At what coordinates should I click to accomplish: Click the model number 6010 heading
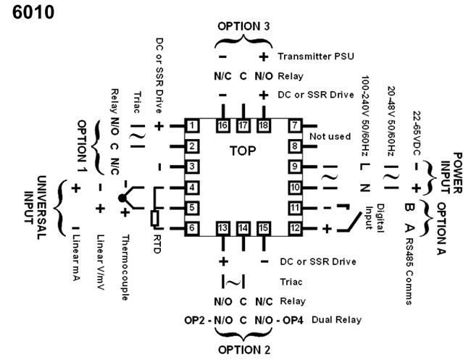(x=33, y=14)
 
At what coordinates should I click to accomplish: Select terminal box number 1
(x=192, y=127)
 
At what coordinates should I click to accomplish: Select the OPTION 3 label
(x=243, y=26)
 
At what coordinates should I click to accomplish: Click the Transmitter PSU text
(x=310, y=56)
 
